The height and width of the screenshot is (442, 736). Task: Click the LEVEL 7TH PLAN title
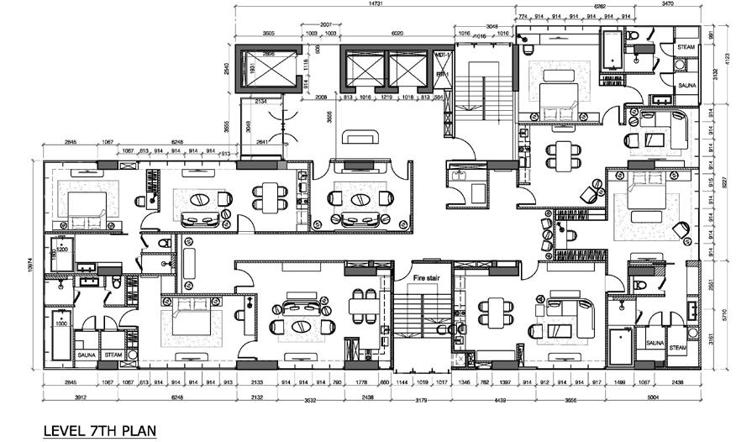(99, 430)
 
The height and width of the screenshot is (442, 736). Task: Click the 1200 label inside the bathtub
(61, 250)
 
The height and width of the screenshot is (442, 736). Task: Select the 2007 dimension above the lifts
(327, 24)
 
